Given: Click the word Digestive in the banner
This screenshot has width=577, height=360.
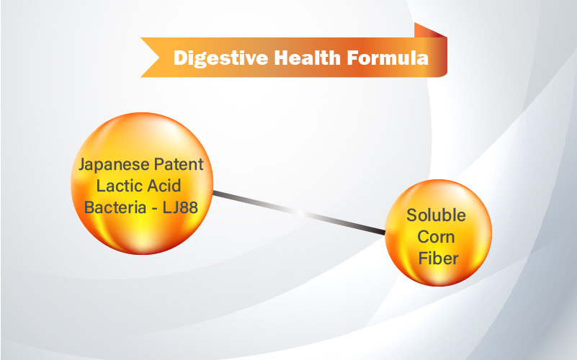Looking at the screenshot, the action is [221, 58].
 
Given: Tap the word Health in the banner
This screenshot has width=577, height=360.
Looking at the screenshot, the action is [308, 58].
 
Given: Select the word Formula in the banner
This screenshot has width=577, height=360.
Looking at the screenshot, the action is [388, 58].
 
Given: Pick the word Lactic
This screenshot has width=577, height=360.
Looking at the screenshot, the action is [117, 186].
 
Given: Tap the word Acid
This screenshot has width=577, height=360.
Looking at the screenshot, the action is [162, 186].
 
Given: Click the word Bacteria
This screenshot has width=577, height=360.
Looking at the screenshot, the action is [115, 207].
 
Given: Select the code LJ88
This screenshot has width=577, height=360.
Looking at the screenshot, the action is [180, 207].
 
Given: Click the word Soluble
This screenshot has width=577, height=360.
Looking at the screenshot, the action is [436, 215].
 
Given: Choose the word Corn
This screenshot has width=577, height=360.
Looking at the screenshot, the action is [436, 237].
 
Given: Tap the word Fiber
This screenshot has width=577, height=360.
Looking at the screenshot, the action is [438, 258].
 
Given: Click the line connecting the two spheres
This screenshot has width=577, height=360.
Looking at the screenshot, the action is [299, 212].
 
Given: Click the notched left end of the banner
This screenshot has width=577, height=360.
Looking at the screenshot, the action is [150, 58].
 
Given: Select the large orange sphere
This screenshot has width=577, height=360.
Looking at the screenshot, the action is [142, 184].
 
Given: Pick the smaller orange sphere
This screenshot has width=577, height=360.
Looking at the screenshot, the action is [438, 233].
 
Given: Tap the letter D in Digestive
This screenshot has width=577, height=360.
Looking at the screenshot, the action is [181, 58].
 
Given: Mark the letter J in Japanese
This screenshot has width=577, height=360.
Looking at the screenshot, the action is [83, 165].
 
